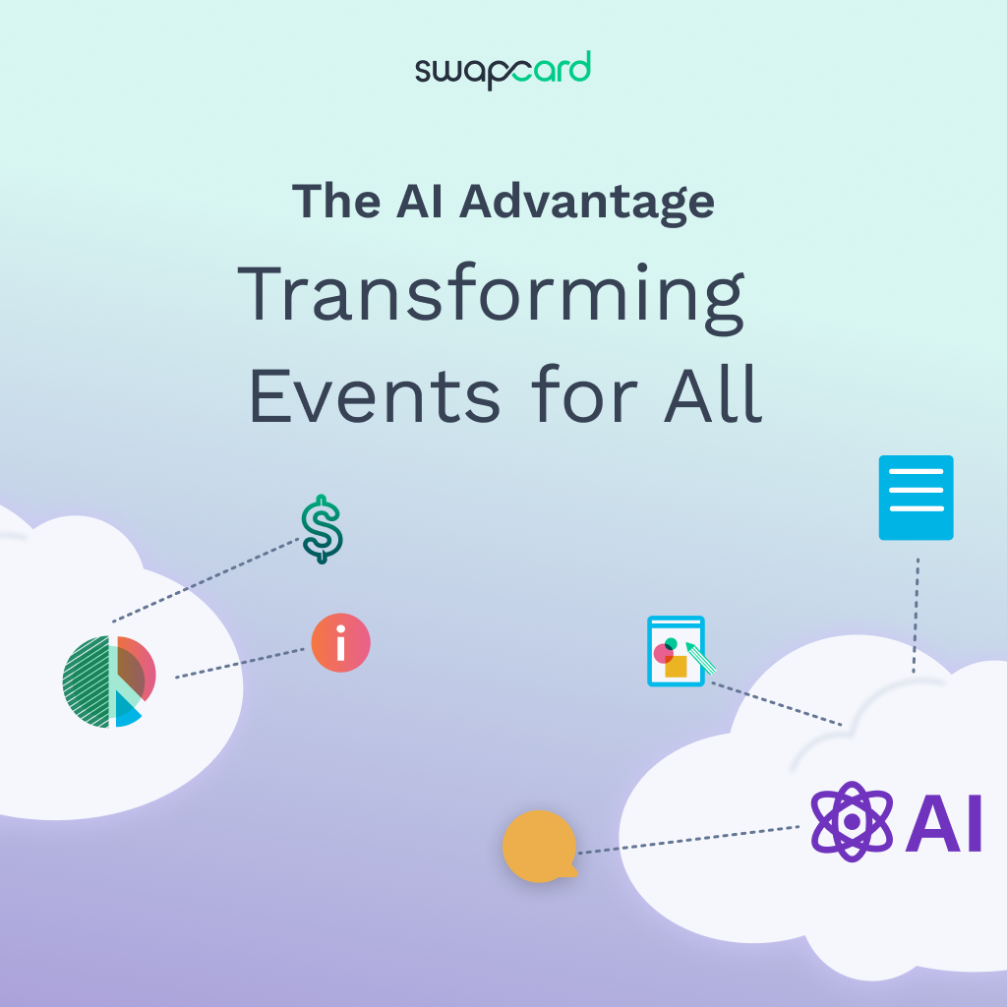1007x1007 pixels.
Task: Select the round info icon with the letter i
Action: (341, 643)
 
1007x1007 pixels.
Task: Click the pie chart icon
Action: (108, 681)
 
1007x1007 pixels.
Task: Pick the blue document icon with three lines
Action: (916, 498)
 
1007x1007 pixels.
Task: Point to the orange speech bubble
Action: (539, 846)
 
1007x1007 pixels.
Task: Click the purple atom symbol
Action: (852, 822)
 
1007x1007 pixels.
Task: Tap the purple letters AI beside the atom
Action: (943, 823)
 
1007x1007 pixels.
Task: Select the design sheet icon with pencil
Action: (677, 651)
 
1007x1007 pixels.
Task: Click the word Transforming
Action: (492, 296)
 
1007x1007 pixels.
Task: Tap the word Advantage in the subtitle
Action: (587, 201)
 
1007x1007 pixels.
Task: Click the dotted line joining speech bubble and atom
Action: (688, 839)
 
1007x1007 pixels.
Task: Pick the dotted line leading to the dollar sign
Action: (207, 580)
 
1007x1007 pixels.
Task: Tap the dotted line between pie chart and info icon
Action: (241, 663)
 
